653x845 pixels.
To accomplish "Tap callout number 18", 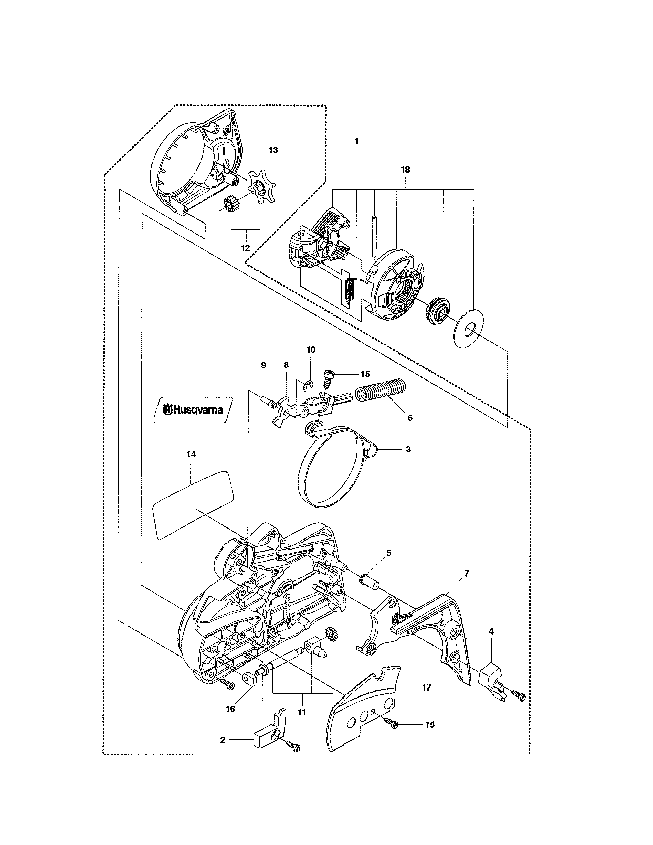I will coord(405,170).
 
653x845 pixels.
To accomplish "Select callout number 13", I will coord(273,150).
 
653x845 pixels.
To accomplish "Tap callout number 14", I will coord(191,454).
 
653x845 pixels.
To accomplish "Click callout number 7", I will coord(467,573).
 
